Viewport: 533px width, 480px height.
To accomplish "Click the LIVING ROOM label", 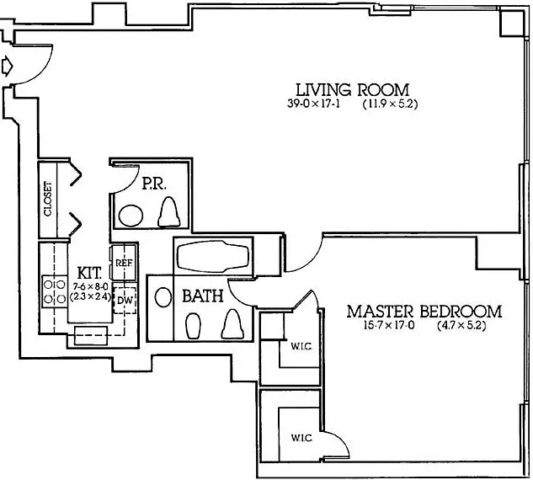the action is (x=353, y=90).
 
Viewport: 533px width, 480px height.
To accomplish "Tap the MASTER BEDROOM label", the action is (x=424, y=312).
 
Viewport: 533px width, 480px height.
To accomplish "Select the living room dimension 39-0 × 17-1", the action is (x=314, y=104).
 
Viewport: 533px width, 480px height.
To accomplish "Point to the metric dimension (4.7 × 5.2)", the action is (x=461, y=326).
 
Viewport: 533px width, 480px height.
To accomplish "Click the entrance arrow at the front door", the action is (x=7, y=66).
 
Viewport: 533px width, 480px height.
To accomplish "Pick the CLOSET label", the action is (x=48, y=199).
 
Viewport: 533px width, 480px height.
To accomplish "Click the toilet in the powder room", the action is (x=169, y=211).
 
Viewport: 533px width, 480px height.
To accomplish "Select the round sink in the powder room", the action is (x=131, y=216).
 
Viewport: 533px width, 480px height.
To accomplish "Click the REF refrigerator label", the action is (x=124, y=263).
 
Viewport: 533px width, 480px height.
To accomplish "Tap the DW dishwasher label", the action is (x=125, y=301).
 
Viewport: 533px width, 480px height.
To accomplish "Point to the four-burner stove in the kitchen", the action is (x=55, y=291).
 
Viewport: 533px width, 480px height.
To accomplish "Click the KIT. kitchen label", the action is (x=89, y=273).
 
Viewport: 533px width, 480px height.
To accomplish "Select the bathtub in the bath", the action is (x=213, y=257).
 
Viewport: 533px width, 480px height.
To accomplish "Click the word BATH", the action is (x=203, y=296).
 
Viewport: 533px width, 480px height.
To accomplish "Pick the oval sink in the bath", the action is (x=163, y=297).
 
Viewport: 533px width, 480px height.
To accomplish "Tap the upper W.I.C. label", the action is (x=301, y=347).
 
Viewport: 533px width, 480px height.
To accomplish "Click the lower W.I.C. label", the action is (x=301, y=438).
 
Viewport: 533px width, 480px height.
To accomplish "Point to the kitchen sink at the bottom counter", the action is (x=91, y=335).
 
